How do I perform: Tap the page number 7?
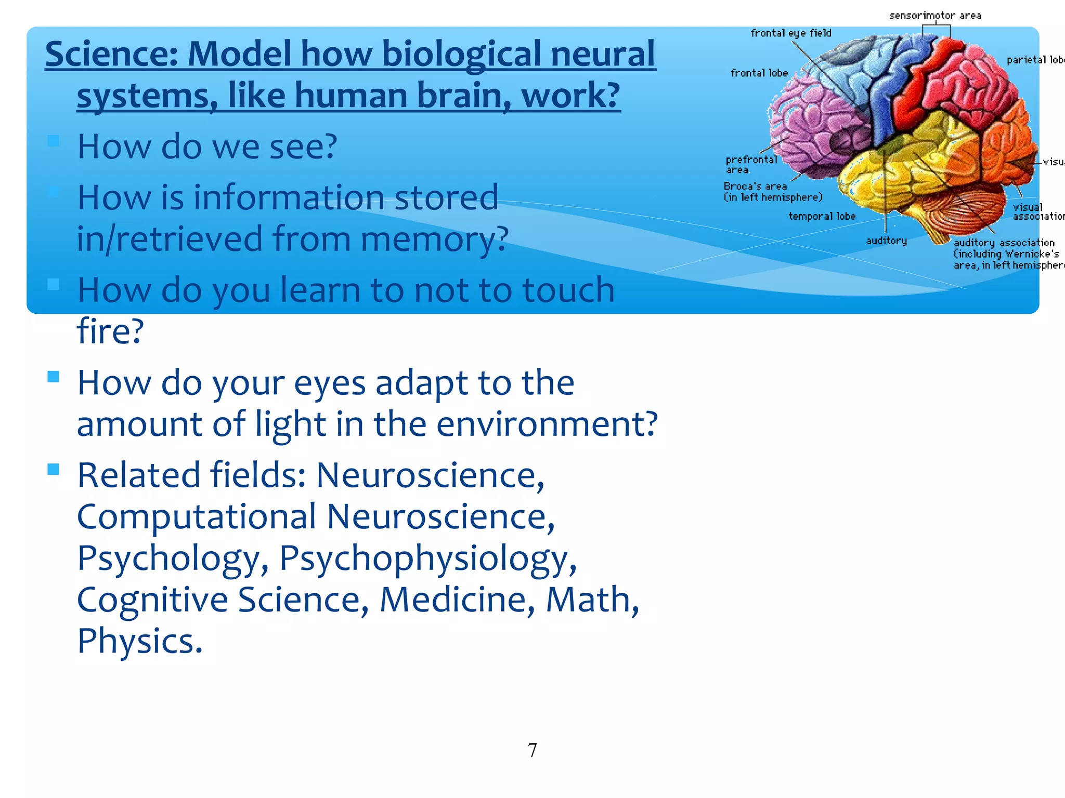pyautogui.click(x=532, y=750)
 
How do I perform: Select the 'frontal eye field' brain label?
pyautogui.click(x=790, y=33)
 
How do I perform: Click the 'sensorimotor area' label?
pyautogui.click(x=934, y=16)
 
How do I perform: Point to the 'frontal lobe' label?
pyautogui.click(x=759, y=73)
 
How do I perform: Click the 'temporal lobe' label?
pyautogui.click(x=822, y=216)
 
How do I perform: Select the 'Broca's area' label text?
pyautogui.click(x=755, y=186)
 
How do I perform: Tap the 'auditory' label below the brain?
pyautogui.click(x=886, y=241)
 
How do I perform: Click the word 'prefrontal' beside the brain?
pyautogui.click(x=751, y=159)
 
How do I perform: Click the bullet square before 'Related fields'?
pyautogui.click(x=53, y=469)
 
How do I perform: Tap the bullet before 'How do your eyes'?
pyautogui.click(x=53, y=377)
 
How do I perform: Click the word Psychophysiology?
pyautogui.click(x=427, y=558)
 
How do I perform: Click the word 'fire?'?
pyautogui.click(x=110, y=331)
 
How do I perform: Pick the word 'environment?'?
pyautogui.click(x=547, y=424)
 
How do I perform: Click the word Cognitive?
pyautogui.click(x=152, y=600)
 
